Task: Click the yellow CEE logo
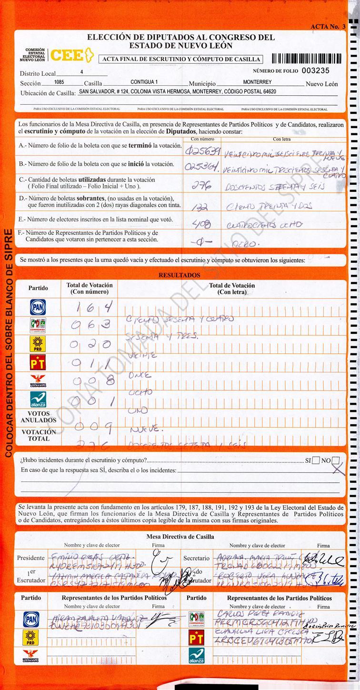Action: (70, 56)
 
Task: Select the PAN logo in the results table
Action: (38, 307)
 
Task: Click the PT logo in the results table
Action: (38, 361)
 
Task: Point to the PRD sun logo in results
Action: (38, 343)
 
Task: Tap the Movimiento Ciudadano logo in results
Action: (38, 380)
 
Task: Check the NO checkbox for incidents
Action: (336, 460)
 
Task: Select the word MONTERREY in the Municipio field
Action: (257, 82)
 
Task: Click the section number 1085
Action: (59, 82)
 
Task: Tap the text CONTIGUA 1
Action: (144, 82)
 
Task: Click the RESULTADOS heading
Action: (179, 275)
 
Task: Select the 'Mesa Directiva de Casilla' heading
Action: (180, 537)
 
